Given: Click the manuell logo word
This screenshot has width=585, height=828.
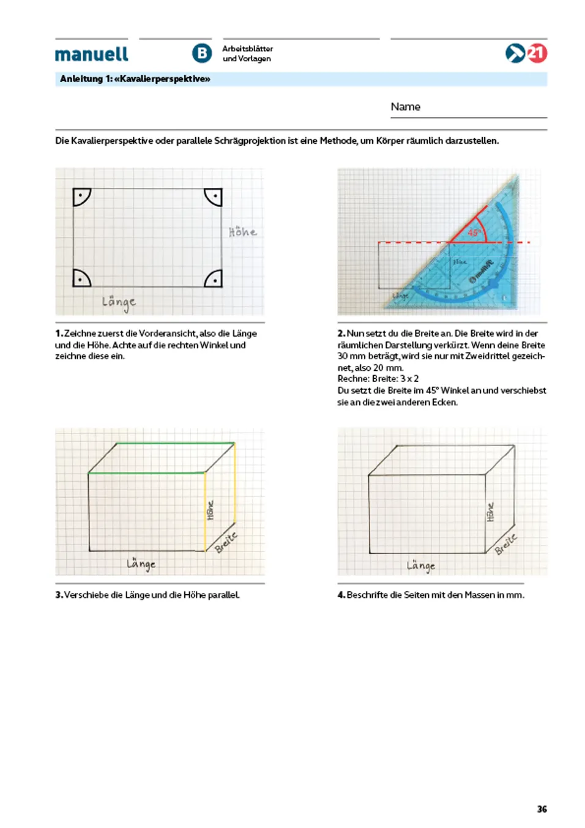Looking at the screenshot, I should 92,54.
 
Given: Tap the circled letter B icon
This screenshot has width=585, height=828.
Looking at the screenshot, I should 202,53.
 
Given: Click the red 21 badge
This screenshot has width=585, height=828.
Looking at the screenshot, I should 537,53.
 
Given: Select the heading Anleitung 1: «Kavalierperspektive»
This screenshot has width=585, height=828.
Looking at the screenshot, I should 135,79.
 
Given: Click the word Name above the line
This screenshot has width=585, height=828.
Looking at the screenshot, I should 405,106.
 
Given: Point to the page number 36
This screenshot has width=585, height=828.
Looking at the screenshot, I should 542,809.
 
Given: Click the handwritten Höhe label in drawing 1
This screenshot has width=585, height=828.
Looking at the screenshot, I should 242,231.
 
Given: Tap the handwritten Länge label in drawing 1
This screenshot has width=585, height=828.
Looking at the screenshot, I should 119,302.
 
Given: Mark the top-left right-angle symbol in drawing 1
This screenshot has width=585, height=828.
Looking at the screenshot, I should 81,196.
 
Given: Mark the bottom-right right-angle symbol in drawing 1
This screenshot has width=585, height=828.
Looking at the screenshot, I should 214,279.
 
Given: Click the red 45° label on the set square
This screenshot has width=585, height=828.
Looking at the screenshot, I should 474,233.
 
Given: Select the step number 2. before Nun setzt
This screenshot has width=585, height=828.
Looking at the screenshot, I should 341,334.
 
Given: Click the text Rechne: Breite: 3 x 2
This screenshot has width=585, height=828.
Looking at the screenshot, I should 378,379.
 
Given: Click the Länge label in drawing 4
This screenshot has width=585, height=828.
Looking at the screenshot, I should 421,566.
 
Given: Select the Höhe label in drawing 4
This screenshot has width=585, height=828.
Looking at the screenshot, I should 490,512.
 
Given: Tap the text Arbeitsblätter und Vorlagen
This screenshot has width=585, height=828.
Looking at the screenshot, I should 247,54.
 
